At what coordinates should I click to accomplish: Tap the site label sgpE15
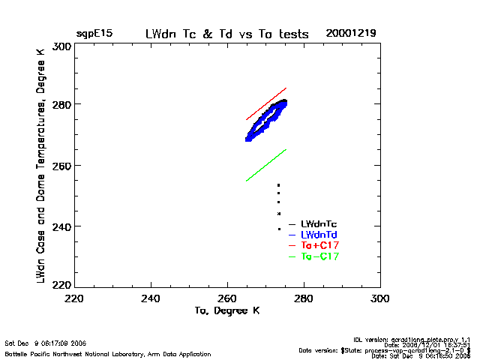click(94, 34)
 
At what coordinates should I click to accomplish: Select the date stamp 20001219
click(350, 34)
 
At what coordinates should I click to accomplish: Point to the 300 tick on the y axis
click(61, 46)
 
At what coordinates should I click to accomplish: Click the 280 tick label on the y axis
click(61, 104)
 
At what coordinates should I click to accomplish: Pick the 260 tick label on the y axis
click(61, 165)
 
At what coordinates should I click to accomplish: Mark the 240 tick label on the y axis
click(61, 226)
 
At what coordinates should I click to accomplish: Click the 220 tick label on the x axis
click(75, 298)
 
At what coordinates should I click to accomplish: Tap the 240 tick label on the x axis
click(151, 298)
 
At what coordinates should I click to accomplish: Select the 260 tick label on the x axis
click(227, 298)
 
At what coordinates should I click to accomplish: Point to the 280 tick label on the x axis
click(304, 298)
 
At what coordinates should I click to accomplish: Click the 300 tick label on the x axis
click(379, 298)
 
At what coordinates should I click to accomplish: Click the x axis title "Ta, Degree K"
click(226, 310)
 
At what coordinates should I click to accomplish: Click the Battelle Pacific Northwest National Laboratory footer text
click(108, 353)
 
